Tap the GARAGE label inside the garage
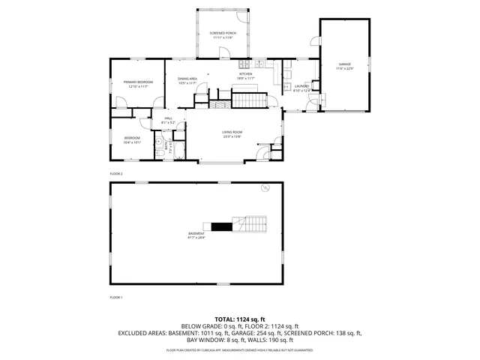pyautogui.click(x=345, y=64)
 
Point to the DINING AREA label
pyautogui.click(x=187, y=78)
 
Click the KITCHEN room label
pyautogui.click(x=246, y=73)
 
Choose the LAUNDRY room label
pyautogui.click(x=301, y=86)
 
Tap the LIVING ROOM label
pyautogui.click(x=232, y=132)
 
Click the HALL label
pyautogui.click(x=168, y=118)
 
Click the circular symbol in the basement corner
pyautogui.click(x=264, y=187)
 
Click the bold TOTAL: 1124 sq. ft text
pyautogui.click(x=239, y=319)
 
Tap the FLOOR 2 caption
pyautogui.click(x=115, y=173)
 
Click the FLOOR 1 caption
pyautogui.click(x=115, y=298)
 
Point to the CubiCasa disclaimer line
pyautogui.click(x=239, y=350)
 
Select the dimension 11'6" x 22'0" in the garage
pyautogui.click(x=345, y=69)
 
